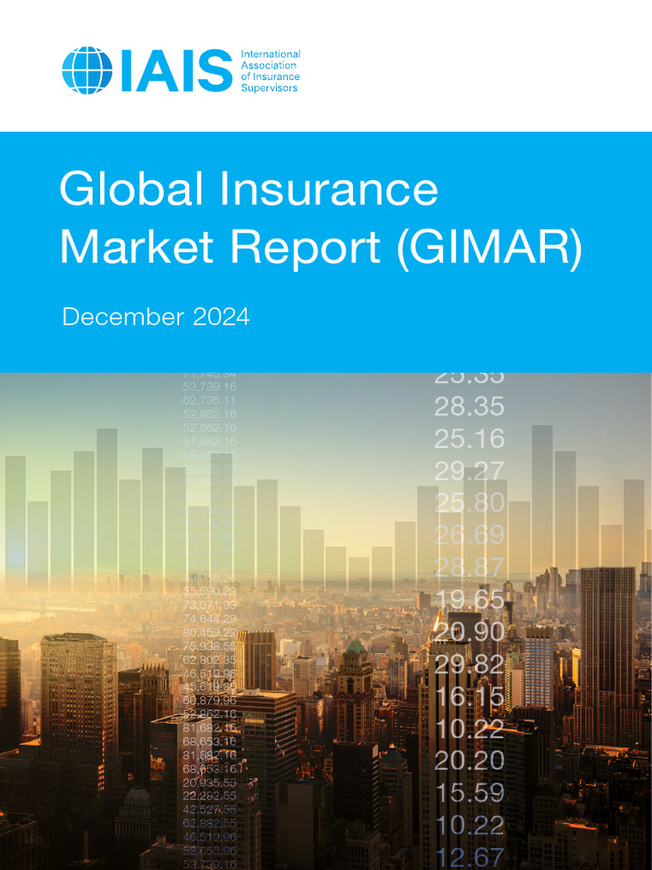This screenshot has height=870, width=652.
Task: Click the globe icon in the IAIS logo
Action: (87, 71)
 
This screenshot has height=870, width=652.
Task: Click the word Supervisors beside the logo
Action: (270, 88)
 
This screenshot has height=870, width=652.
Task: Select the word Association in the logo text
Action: (269, 65)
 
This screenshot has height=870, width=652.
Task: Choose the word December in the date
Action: (123, 318)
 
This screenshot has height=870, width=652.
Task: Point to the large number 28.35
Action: (469, 406)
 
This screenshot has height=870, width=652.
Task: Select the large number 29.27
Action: (469, 471)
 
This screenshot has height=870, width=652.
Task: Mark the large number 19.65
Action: (469, 600)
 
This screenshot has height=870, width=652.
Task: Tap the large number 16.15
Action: (469, 698)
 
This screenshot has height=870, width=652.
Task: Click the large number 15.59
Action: (469, 793)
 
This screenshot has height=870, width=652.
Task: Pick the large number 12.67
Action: (469, 856)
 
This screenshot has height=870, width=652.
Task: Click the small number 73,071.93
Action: (210, 604)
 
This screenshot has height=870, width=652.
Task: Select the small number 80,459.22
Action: (210, 631)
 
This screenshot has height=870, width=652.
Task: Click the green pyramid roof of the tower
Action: (357, 647)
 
